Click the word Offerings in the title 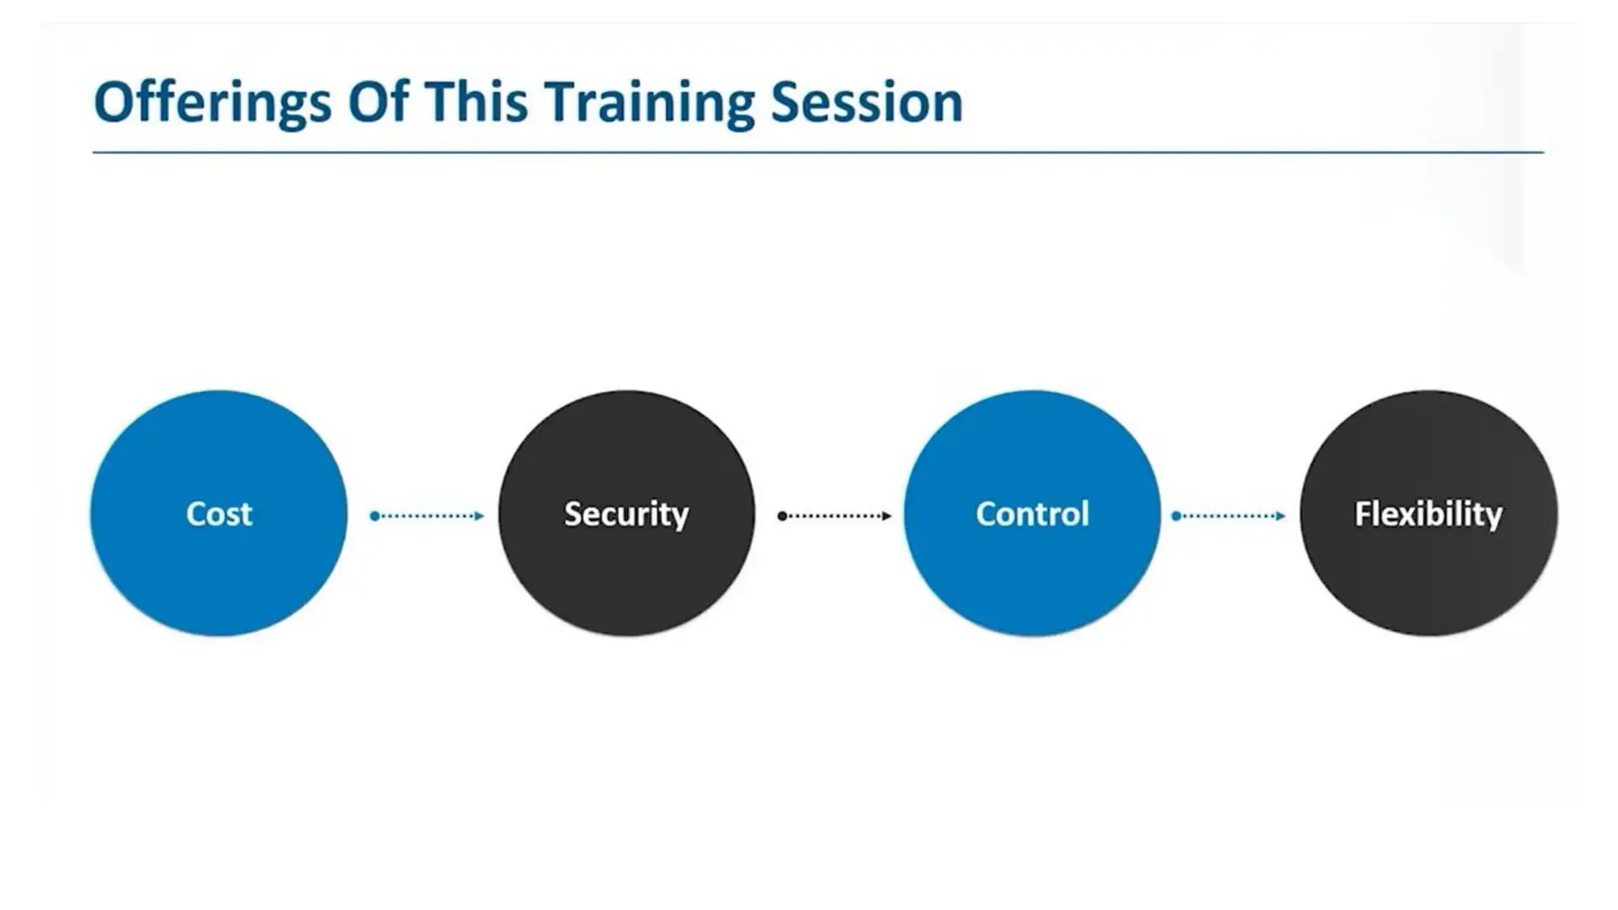click(212, 103)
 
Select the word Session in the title click(867, 102)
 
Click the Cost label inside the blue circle click(219, 514)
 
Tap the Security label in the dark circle click(626, 514)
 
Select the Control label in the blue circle click(1032, 514)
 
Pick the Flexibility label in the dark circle click(1428, 514)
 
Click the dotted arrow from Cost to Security click(427, 516)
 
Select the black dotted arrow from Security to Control click(834, 516)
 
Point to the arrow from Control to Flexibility click(1229, 516)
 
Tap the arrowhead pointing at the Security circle click(479, 516)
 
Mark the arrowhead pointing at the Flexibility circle click(1281, 516)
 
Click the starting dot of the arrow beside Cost click(374, 516)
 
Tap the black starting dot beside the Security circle click(782, 516)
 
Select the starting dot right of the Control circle click(1176, 516)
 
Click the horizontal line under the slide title click(818, 152)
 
